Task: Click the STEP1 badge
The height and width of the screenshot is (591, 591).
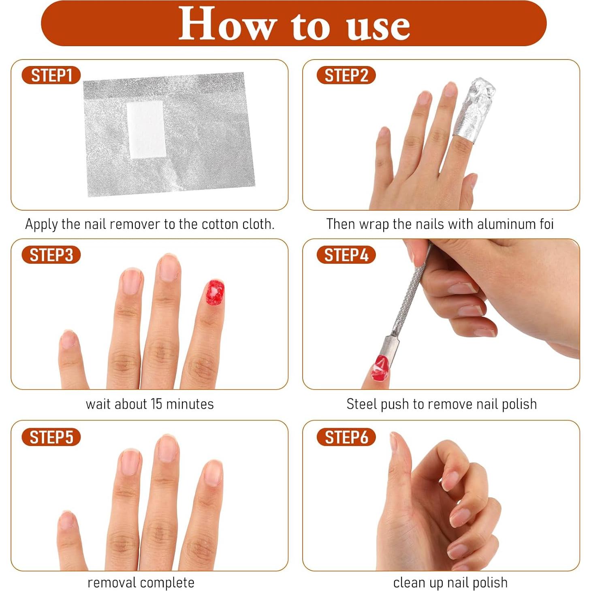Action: (x=51, y=75)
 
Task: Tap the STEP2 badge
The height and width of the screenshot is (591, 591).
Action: (x=346, y=75)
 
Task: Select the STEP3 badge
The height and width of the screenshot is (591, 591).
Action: (x=51, y=255)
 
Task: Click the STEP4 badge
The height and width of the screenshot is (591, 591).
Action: (x=346, y=255)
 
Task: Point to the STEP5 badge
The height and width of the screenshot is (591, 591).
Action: (x=51, y=437)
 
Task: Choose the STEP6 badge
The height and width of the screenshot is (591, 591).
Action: (x=346, y=437)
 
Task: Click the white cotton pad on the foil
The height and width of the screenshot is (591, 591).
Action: (x=146, y=130)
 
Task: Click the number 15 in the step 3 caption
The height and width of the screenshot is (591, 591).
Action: (x=156, y=404)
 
